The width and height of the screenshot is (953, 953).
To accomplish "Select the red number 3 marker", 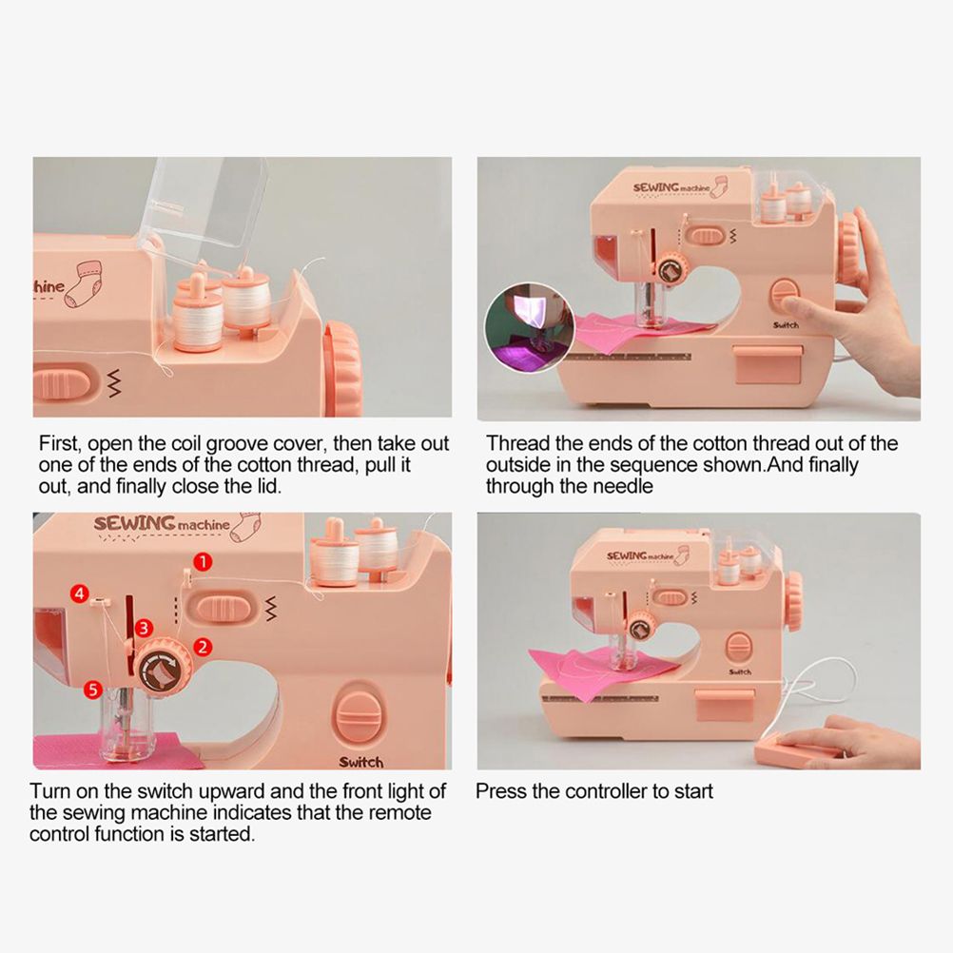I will pos(143,628).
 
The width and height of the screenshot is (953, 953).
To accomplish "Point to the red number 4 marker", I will pos(80,594).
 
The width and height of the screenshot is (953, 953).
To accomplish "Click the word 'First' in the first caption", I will pos(58,444).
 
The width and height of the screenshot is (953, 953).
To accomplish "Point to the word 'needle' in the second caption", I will pos(623,486).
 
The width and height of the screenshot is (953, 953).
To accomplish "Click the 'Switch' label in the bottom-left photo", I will pos(361,762).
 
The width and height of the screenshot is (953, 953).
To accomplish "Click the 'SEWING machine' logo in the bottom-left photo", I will pos(162,524).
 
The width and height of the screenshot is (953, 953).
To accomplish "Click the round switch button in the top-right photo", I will pos(786,294).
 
